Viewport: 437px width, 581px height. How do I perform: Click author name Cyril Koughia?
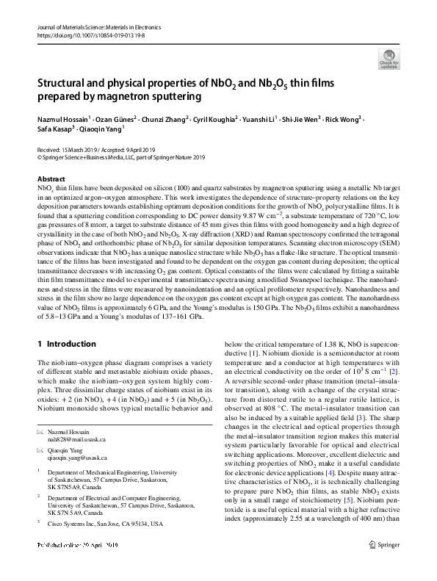pos(217,119)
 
